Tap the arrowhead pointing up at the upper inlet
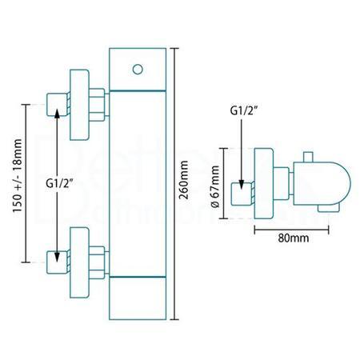[57, 116]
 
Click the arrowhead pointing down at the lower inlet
[57, 247]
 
